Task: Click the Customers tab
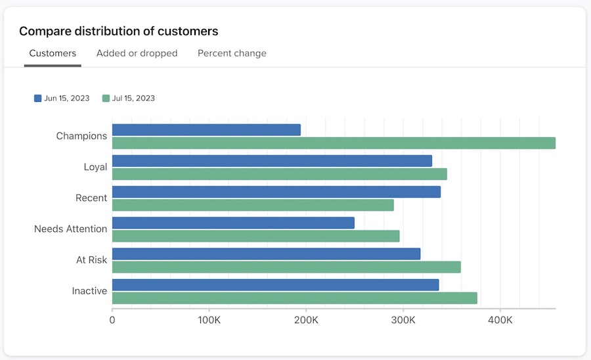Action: (x=53, y=53)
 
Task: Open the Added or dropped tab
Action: (x=137, y=53)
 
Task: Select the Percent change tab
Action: (x=232, y=53)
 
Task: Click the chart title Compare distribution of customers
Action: (x=118, y=31)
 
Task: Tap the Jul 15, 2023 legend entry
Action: (x=129, y=99)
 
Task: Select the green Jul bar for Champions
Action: (x=334, y=143)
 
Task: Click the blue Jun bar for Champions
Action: (x=206, y=130)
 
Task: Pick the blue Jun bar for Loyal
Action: (x=272, y=161)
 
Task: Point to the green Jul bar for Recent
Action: (x=253, y=205)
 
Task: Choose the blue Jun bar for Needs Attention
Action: (x=233, y=223)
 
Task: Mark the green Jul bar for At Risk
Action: (x=286, y=267)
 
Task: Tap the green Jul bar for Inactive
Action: (x=294, y=298)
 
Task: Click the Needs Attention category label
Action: (x=70, y=229)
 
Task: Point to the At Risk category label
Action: (x=91, y=260)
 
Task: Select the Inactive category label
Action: (x=89, y=291)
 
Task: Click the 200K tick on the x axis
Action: (x=306, y=320)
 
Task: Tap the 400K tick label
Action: (x=500, y=320)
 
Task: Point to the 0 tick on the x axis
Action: (x=112, y=320)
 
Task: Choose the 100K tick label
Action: (x=209, y=320)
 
